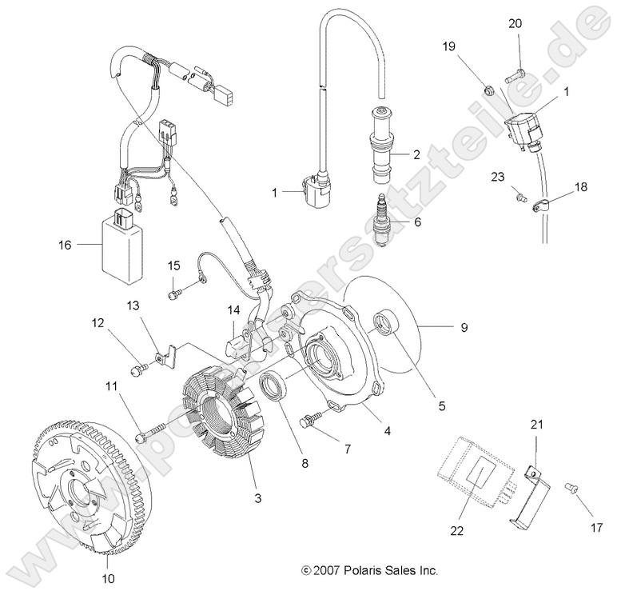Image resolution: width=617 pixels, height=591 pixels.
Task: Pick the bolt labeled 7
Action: pos(310,418)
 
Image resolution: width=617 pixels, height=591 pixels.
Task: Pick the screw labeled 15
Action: pos(173,294)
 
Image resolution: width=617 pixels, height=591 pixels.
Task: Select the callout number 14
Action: pos(233,309)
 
